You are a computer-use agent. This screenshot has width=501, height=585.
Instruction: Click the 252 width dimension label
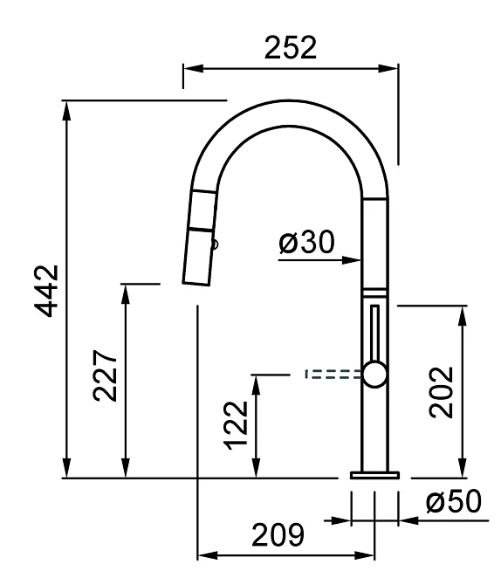(x=291, y=47)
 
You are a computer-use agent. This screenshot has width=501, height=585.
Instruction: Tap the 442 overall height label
(x=47, y=291)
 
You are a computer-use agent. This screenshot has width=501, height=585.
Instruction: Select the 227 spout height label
(x=106, y=375)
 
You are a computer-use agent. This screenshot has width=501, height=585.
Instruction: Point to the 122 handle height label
(x=236, y=425)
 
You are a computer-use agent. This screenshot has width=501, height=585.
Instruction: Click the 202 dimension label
(x=442, y=392)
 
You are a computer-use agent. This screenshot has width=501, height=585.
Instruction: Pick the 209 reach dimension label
(x=278, y=535)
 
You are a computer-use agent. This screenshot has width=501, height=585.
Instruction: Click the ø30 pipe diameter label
(x=306, y=242)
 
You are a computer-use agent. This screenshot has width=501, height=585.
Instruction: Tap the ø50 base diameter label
(x=454, y=501)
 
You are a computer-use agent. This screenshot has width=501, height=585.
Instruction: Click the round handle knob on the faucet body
(x=374, y=375)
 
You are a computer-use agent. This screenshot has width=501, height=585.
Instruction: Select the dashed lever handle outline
(x=333, y=375)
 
